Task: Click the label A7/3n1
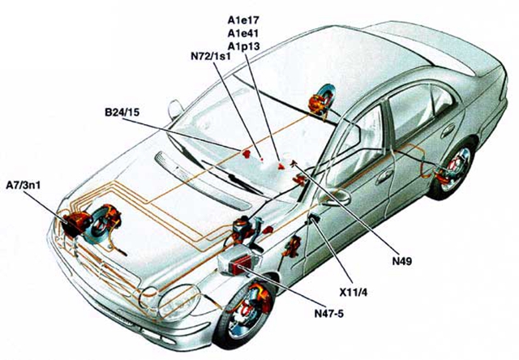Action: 24,186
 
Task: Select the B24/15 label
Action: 122,112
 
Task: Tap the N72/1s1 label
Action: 211,56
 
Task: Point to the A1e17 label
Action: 243,20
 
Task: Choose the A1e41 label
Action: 243,33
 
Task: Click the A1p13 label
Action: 243,47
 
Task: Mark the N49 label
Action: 402,261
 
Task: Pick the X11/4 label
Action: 354,293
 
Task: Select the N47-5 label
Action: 329,313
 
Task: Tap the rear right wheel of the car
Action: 452,170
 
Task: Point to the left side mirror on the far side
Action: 175,109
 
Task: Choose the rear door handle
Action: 447,130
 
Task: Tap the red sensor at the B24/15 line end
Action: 247,153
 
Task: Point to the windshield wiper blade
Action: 232,177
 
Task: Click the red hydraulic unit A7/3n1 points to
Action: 75,223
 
